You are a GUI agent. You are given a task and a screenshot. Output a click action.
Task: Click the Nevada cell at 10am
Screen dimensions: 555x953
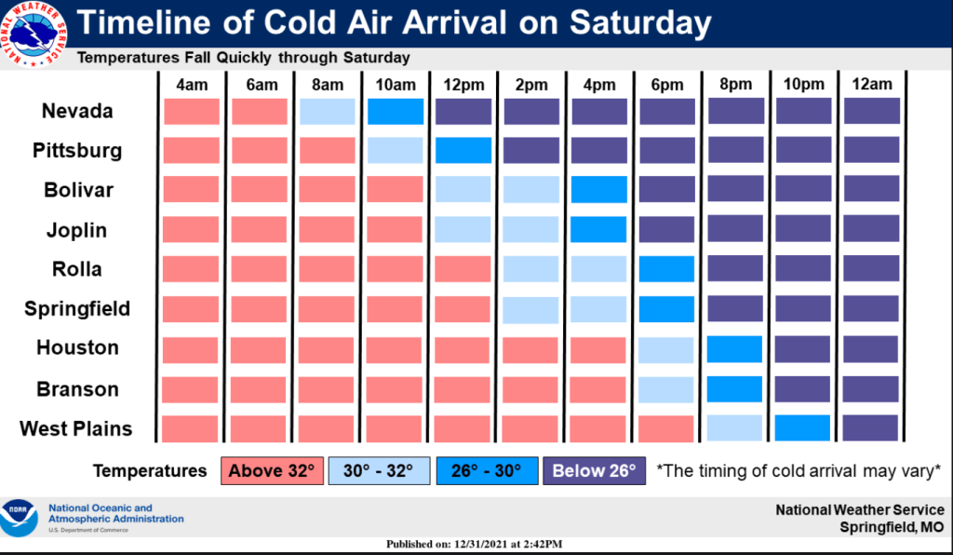pos(396,112)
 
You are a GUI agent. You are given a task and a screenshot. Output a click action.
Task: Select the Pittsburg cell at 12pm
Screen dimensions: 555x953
pos(463,151)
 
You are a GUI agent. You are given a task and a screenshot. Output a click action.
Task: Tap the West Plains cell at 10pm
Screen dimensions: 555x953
pos(802,428)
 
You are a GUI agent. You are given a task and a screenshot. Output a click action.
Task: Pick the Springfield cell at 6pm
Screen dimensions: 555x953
pos(666,309)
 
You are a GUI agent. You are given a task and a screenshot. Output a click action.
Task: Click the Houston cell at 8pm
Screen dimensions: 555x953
pos(734,349)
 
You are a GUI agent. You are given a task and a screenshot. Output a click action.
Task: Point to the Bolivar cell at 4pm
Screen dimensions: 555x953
pos(598,190)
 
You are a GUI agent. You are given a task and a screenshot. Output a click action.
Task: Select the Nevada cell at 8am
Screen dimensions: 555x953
pos(328,112)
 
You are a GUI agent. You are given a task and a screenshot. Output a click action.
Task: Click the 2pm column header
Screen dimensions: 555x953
pos(530,85)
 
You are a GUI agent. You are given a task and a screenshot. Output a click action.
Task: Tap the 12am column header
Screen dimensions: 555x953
pos(871,85)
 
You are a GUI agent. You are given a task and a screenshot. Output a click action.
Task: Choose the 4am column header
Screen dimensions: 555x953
pos(192,85)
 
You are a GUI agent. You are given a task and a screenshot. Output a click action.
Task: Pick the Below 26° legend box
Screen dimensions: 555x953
pos(594,471)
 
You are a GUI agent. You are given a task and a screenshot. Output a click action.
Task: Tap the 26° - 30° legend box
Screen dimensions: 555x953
pos(485,471)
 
